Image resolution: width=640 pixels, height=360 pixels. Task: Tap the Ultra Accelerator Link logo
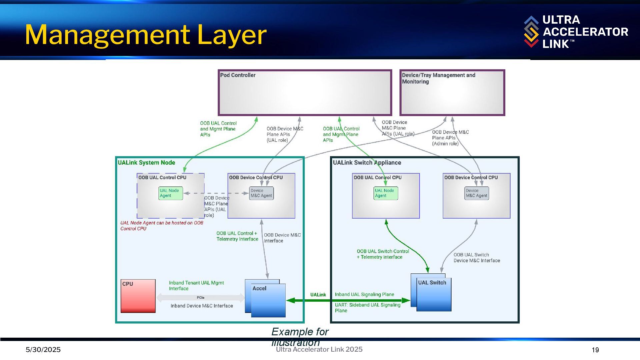(576, 32)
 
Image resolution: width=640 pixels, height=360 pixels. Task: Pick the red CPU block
(138, 296)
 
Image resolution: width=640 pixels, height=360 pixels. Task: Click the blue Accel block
(268, 300)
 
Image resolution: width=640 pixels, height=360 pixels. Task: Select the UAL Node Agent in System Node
(171, 193)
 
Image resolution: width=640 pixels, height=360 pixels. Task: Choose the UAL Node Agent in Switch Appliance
(386, 193)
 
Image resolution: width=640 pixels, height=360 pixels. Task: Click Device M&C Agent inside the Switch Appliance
(477, 193)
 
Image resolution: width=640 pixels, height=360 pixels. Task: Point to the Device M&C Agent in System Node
(261, 193)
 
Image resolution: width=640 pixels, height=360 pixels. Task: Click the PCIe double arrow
(201, 298)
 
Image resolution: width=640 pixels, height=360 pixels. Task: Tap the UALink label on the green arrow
(318, 295)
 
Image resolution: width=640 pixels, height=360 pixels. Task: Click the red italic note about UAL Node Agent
(162, 226)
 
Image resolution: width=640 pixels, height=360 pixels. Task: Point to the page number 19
(595, 350)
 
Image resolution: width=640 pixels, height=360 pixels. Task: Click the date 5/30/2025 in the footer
(43, 350)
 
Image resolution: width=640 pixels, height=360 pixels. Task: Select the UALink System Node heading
(146, 163)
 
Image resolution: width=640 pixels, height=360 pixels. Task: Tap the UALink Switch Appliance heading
(367, 163)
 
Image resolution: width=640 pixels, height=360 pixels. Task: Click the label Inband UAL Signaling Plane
(364, 294)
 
